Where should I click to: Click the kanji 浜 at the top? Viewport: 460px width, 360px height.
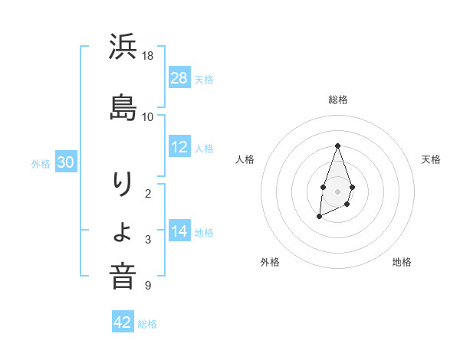tap(123, 48)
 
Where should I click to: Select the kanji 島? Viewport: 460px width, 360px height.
tap(123, 107)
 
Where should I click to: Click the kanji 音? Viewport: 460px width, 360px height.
tap(123, 276)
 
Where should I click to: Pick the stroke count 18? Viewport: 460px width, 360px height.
tap(148, 57)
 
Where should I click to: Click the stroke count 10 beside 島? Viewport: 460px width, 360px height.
tap(148, 116)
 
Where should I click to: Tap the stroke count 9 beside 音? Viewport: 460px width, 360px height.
tap(148, 286)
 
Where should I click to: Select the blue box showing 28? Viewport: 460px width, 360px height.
tap(179, 78)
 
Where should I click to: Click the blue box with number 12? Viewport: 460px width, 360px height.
tap(179, 147)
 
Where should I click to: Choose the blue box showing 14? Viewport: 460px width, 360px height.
tap(179, 231)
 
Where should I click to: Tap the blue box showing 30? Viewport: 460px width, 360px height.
tap(66, 162)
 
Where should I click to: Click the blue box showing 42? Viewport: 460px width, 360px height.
tap(123, 322)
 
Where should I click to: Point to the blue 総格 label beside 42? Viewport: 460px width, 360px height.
tap(147, 324)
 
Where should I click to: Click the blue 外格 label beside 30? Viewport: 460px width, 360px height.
tap(41, 163)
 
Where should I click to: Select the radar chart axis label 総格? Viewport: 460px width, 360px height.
tap(338, 100)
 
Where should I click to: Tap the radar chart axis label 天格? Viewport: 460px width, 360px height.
tap(431, 159)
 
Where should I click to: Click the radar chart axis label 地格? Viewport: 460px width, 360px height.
tap(402, 263)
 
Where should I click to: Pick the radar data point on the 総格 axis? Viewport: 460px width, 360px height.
tap(337, 145)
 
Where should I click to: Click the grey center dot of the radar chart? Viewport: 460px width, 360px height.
tap(337, 191)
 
